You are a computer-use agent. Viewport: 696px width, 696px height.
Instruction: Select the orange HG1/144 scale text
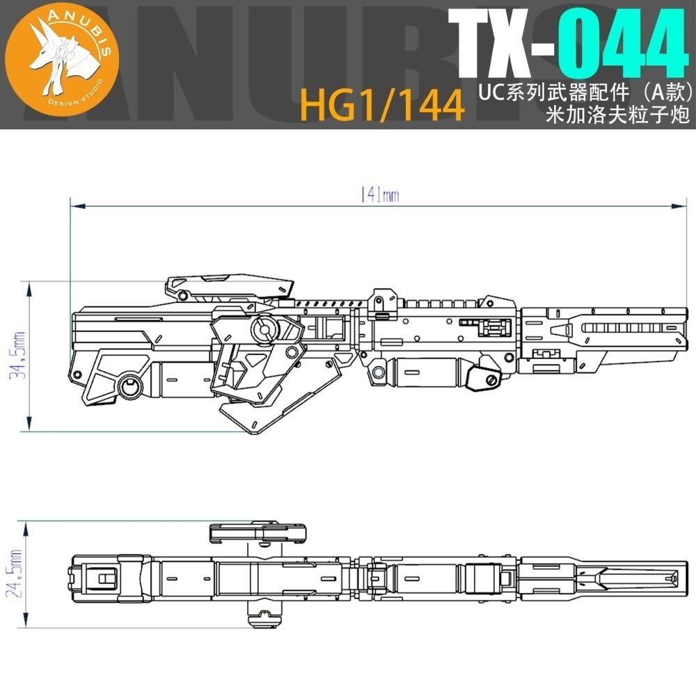pyautogui.click(x=382, y=106)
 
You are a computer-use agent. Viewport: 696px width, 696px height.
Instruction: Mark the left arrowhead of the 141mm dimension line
pyautogui.click(x=74, y=205)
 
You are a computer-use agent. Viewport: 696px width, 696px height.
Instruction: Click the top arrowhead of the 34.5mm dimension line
pyautogui.click(x=29, y=285)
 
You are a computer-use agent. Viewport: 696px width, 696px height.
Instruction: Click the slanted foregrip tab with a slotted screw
pyautogui.click(x=481, y=379)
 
